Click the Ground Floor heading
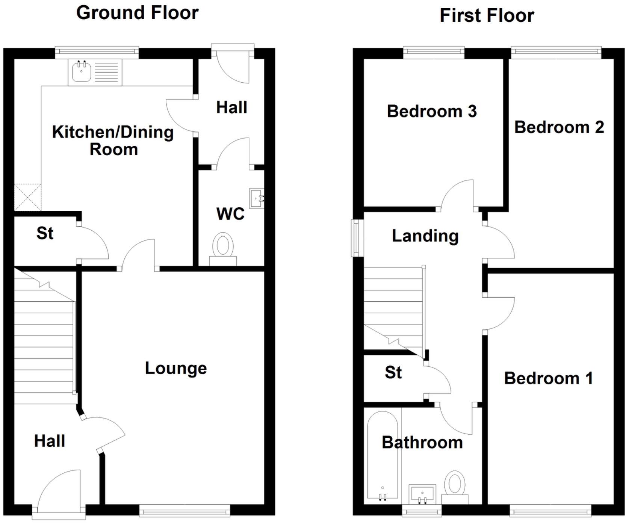[x=137, y=13]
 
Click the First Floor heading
[x=487, y=16]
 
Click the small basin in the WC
[x=257, y=198]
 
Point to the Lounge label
[x=176, y=369]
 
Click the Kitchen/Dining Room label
[x=113, y=141]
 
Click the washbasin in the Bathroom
[x=422, y=493]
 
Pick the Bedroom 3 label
[x=432, y=111]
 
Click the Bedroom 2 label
[x=559, y=127]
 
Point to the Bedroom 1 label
[x=548, y=378]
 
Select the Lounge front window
[x=184, y=510]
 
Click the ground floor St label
[x=45, y=233]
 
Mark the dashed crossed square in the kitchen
[x=27, y=197]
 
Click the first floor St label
[x=393, y=373]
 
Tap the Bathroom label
[x=422, y=443]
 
